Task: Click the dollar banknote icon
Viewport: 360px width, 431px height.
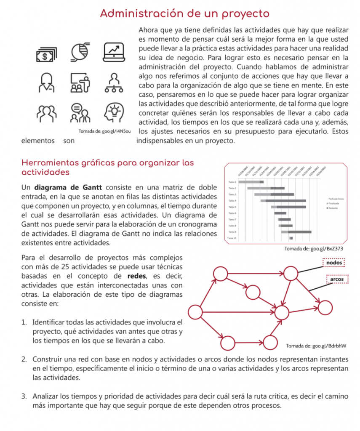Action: click(x=45, y=54)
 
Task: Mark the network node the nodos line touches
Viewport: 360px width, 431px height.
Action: click(x=290, y=274)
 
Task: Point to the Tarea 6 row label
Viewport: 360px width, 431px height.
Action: click(x=232, y=213)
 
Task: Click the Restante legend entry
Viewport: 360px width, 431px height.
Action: click(x=333, y=208)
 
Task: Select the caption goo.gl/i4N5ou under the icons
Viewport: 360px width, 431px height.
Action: click(x=105, y=132)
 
